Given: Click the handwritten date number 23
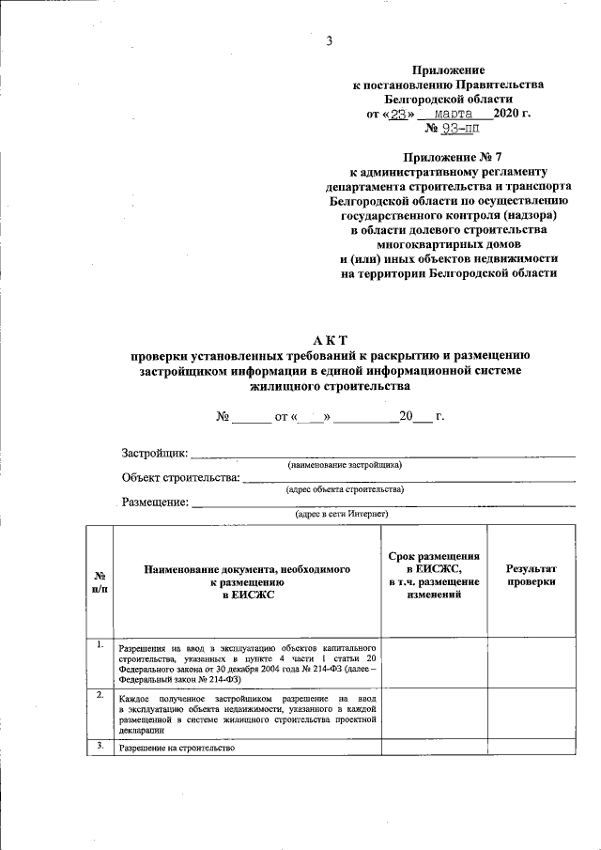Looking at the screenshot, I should point(402,114).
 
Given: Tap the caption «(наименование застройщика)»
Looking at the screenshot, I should point(345,465).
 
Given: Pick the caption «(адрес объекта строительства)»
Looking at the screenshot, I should point(345,489).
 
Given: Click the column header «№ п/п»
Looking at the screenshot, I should point(100,581).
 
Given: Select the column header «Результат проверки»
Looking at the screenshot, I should point(532,576).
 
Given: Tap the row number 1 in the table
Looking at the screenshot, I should point(100,644).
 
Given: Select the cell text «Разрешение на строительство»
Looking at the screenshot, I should point(177,748).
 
